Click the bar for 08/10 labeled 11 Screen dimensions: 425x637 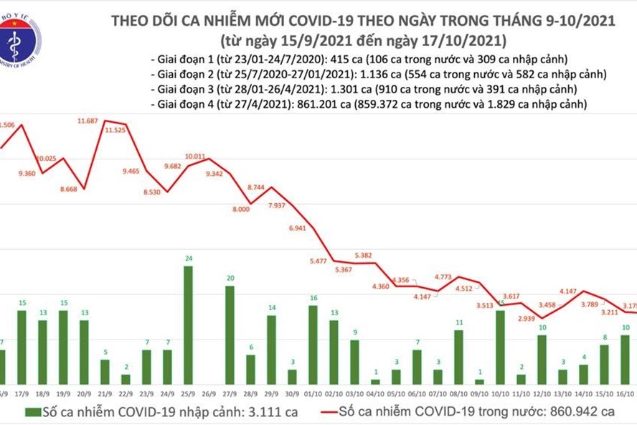459,356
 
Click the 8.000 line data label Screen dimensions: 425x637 242,209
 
